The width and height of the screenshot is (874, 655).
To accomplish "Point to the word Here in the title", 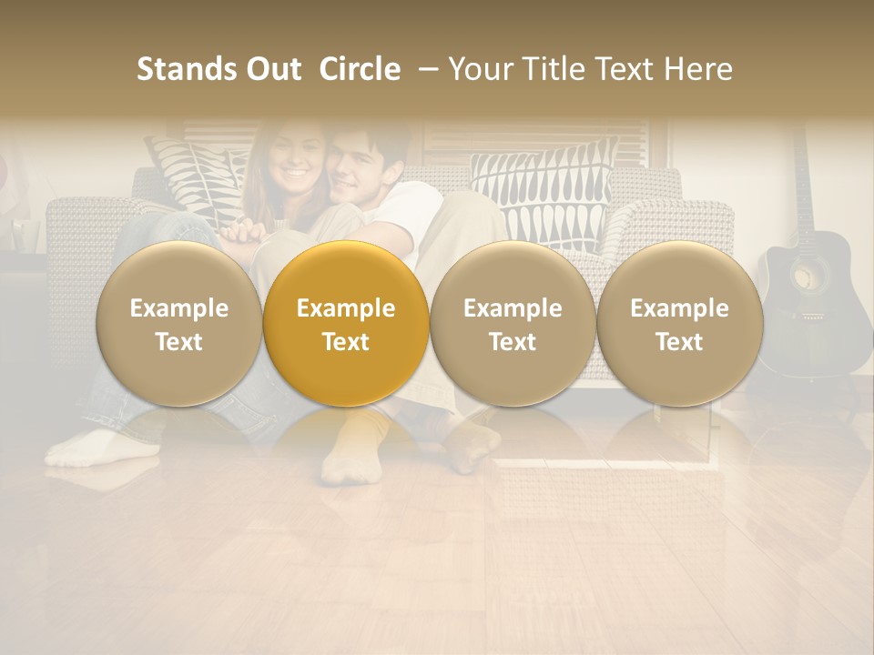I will pos(698,69).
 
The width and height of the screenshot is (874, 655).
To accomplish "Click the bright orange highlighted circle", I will pos(346,324).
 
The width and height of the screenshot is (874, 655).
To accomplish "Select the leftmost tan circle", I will pos(179,324).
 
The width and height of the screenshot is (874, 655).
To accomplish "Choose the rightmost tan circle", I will pos(679,324).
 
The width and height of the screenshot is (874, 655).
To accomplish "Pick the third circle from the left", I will pos(513,324).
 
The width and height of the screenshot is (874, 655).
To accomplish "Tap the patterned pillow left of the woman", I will pos(196,177).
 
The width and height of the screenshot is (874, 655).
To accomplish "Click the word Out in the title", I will pos(272,69).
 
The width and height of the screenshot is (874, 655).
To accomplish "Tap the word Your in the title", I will pos(480,69).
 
